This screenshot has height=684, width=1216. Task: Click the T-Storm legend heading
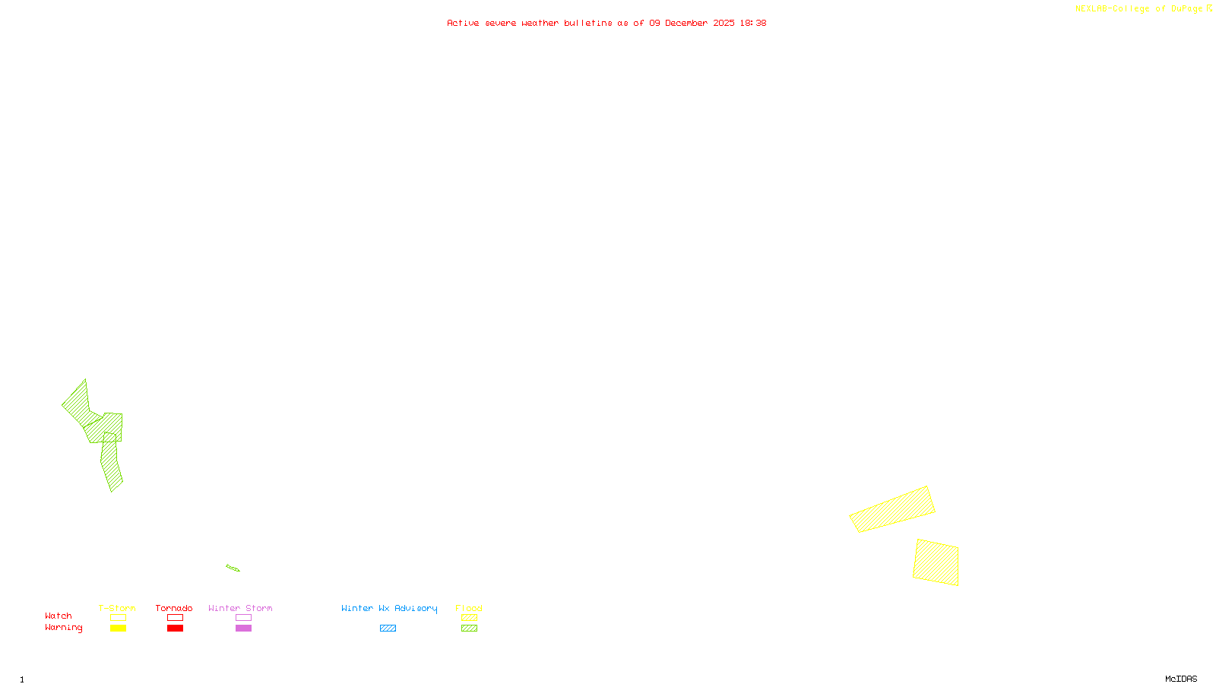[x=117, y=608]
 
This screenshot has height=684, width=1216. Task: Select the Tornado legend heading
[x=174, y=608]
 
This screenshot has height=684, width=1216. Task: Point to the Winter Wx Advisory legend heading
[x=389, y=608]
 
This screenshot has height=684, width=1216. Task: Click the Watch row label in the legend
[x=59, y=616]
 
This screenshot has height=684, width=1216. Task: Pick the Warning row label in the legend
[x=64, y=628]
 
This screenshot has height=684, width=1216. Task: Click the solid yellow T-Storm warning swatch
[x=118, y=629]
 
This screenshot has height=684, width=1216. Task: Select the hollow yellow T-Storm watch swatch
[x=118, y=618]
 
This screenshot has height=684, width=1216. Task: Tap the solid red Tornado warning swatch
[x=176, y=629]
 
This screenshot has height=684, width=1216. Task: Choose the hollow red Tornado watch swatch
[x=176, y=618]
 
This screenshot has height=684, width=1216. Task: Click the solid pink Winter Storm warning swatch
[x=243, y=629]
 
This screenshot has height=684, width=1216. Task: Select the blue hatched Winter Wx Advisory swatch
[x=388, y=629]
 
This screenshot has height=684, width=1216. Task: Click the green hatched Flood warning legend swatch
[x=470, y=629]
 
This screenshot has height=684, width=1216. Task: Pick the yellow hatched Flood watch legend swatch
[x=470, y=618]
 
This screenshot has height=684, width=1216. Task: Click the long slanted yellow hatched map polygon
[x=892, y=509]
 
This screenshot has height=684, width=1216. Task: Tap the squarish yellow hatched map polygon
[x=936, y=562]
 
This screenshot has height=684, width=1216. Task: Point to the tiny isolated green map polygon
[x=233, y=568]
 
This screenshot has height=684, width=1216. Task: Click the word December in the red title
[x=686, y=23]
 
